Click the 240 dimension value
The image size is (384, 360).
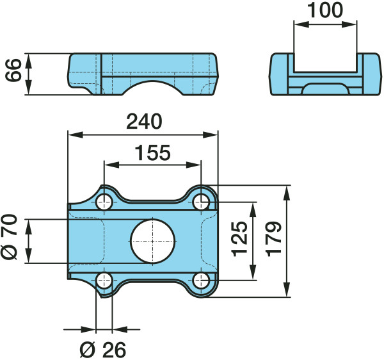(x=144, y=121)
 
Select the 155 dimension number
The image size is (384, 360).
(x=152, y=152)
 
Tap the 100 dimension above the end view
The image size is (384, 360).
(x=325, y=10)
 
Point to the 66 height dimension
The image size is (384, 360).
(x=13, y=70)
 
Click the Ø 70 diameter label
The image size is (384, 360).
(x=10, y=237)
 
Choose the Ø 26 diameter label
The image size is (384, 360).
(x=103, y=350)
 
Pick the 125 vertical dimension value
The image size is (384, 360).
(x=239, y=239)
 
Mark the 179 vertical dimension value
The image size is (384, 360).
(x=273, y=239)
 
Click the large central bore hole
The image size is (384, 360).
(x=153, y=241)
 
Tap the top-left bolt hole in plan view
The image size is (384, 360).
(x=104, y=202)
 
